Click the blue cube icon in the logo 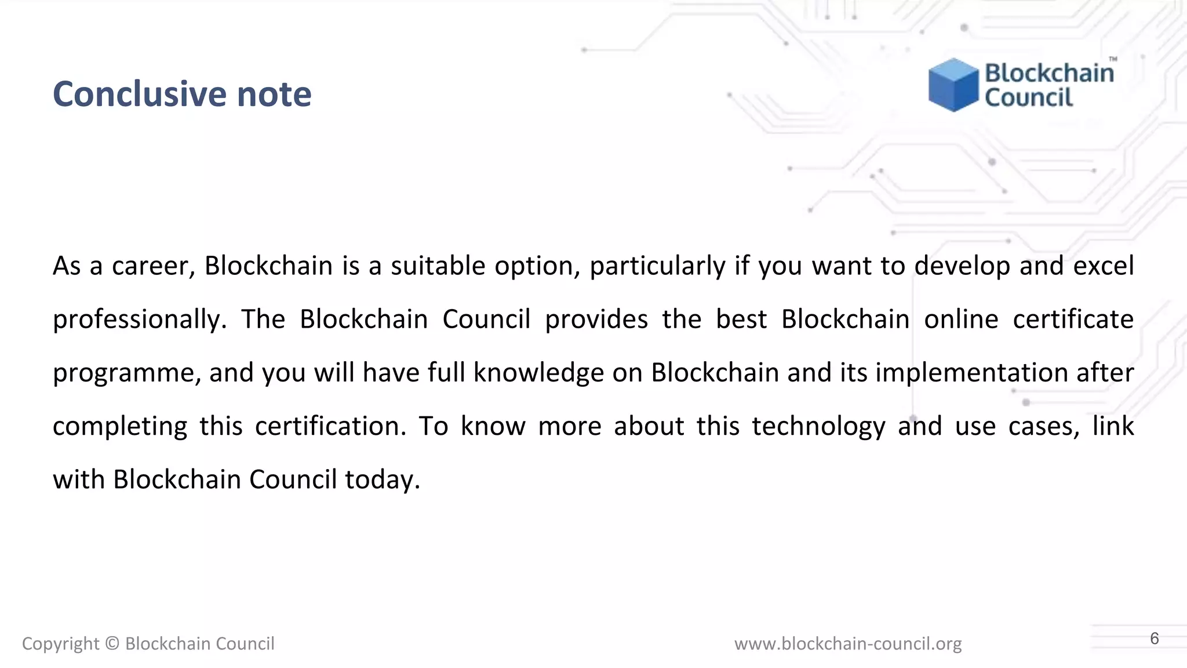click(x=953, y=85)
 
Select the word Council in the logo click(x=1029, y=97)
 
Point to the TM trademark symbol click(x=1113, y=59)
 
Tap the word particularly click(x=657, y=266)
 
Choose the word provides click(x=596, y=320)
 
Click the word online click(x=961, y=320)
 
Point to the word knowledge click(x=538, y=373)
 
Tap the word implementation click(x=971, y=373)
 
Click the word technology click(x=818, y=427)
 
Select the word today click(x=382, y=480)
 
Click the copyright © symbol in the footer click(x=112, y=644)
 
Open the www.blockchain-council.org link click(x=848, y=644)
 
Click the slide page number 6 click(x=1154, y=638)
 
